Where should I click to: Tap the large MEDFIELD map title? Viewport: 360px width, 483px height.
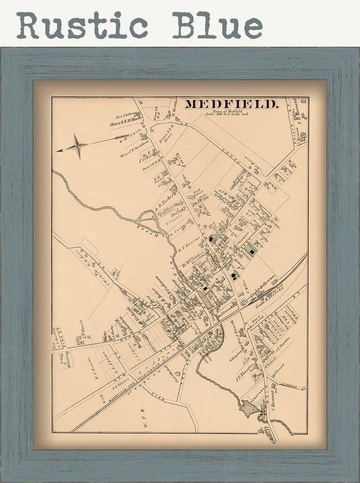(231, 105)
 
